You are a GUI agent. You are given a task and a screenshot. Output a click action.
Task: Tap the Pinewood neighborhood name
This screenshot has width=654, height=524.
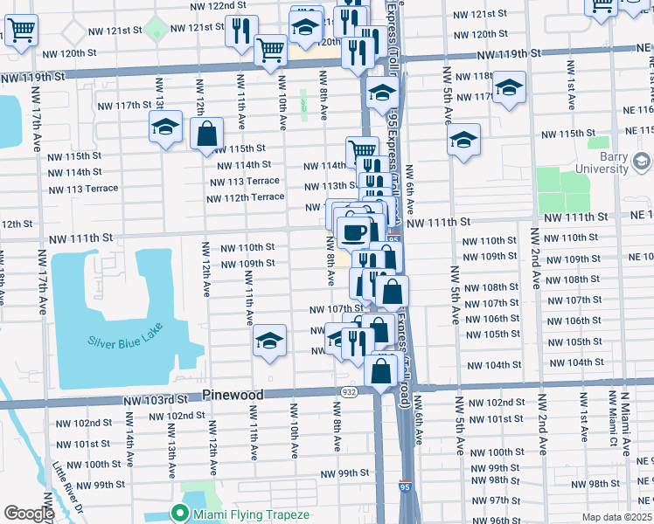tap(233, 395)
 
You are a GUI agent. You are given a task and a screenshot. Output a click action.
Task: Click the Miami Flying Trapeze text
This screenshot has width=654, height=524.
tap(252, 514)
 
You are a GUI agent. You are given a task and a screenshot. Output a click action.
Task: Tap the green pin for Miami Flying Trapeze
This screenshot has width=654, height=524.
tap(182, 514)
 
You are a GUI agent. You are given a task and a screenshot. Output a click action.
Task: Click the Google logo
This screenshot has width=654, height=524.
tap(28, 514)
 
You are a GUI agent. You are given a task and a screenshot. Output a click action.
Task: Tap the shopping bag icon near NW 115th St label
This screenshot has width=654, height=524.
tap(207, 134)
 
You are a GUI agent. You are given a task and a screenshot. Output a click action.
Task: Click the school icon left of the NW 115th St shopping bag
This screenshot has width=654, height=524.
tap(165, 127)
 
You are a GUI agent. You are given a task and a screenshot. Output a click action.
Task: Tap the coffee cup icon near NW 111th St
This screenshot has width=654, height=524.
tap(353, 232)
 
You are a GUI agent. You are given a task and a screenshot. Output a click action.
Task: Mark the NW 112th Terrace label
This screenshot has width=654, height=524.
tap(246, 197)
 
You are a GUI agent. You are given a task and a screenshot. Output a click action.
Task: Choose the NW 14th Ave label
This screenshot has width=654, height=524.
tap(129, 445)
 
